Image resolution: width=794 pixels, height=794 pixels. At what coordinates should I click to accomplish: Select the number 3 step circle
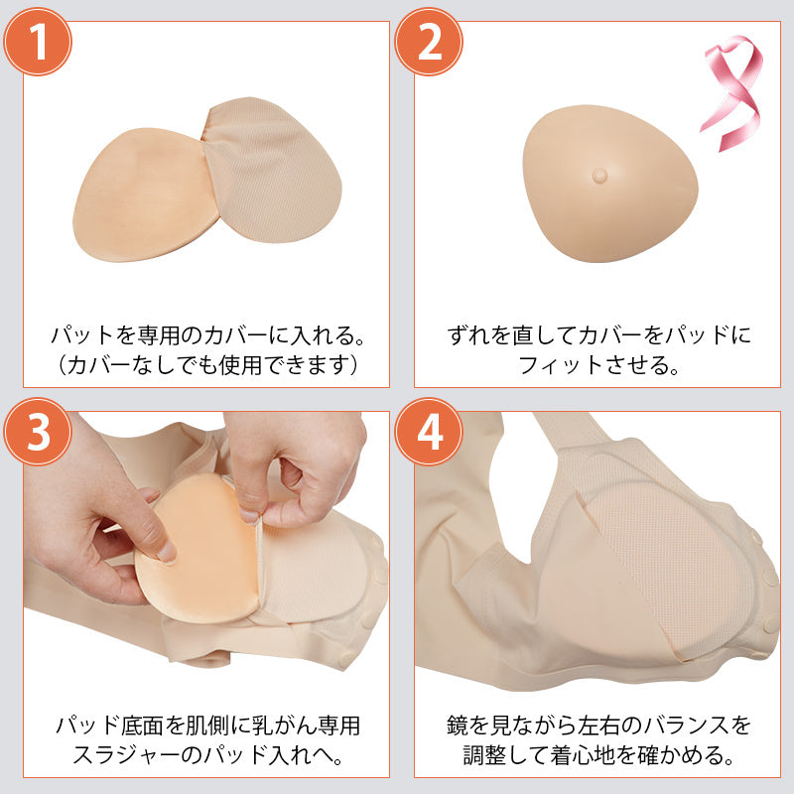pos(37,433)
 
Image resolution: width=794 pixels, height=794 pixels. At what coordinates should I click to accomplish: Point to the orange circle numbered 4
pos(430,433)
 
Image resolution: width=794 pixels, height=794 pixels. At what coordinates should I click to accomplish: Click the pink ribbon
pos(732,95)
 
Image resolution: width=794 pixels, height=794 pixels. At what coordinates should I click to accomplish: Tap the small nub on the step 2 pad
pos(598,175)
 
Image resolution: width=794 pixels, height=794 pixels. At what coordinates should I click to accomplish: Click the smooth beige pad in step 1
pos(139,198)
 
